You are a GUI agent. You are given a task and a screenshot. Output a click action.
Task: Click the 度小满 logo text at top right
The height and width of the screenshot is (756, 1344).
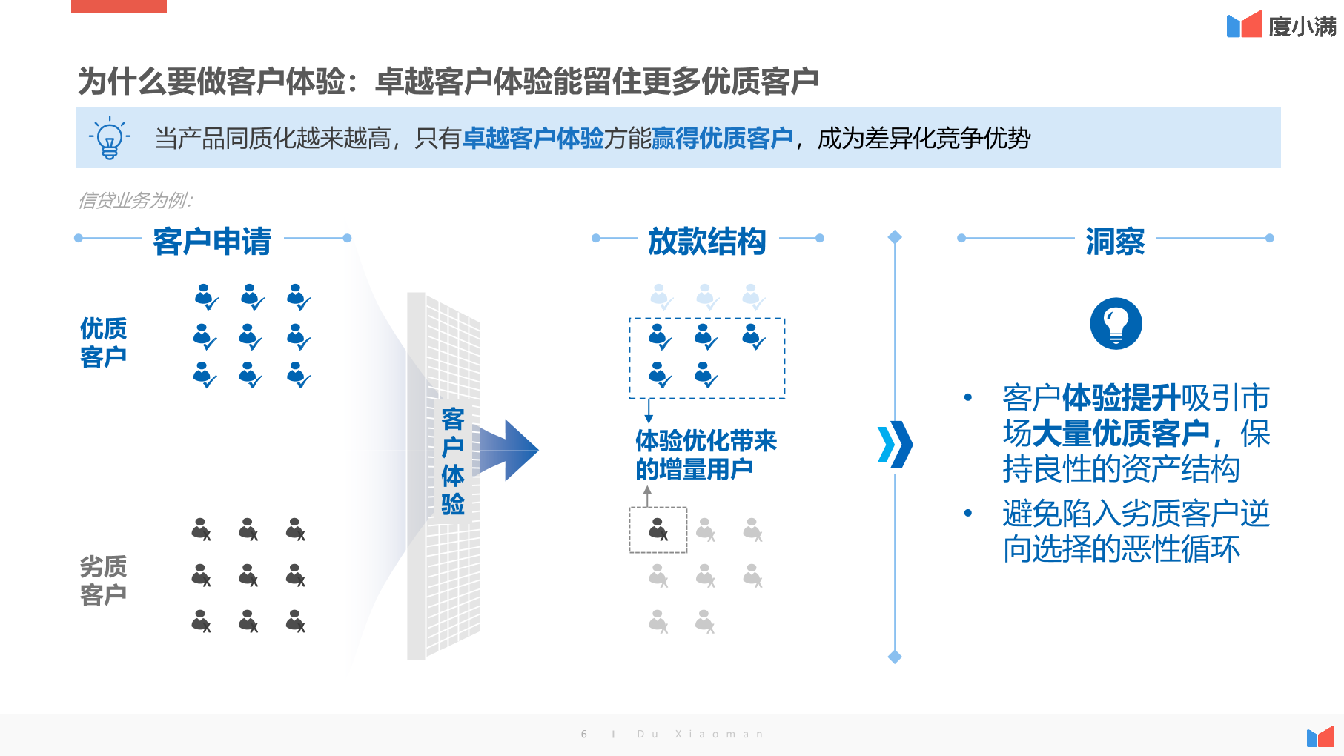1302,27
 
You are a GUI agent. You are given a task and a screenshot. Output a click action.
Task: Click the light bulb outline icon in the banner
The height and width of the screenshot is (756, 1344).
110,138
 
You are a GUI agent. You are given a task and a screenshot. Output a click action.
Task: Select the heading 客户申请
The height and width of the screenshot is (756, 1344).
212,242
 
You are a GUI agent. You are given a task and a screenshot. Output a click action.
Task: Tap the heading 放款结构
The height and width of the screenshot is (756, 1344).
706,242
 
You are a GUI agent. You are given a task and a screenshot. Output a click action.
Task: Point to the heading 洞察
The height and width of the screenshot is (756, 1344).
1115,242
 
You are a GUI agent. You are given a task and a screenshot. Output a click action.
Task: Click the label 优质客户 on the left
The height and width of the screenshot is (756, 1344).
103,342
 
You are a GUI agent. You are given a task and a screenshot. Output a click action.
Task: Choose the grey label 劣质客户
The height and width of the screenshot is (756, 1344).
103,580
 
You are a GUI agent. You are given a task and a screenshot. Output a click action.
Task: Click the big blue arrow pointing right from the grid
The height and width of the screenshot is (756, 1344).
509,450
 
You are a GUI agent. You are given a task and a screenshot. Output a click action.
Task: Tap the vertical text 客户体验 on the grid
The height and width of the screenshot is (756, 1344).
453,461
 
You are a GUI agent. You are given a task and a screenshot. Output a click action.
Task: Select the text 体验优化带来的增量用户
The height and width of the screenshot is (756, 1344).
706,454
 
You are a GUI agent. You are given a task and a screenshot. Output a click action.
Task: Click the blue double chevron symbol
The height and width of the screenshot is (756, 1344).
895,445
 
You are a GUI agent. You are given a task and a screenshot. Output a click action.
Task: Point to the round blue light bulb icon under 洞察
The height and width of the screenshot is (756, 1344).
1116,323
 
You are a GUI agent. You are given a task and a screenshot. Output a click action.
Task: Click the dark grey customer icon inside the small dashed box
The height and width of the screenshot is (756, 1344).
658,529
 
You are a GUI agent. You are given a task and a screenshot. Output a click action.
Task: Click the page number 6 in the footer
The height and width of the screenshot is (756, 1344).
584,734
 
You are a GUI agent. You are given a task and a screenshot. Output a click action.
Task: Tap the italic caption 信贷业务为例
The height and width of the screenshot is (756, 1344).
135,200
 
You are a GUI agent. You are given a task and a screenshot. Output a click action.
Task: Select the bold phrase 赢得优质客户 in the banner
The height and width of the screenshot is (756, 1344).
722,138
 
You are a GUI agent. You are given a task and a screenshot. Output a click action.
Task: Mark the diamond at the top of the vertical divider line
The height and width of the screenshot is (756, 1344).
895,237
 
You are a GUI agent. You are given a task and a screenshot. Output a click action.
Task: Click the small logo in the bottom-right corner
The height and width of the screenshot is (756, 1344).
1320,737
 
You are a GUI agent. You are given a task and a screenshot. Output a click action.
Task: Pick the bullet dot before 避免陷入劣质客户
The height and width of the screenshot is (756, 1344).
967,513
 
